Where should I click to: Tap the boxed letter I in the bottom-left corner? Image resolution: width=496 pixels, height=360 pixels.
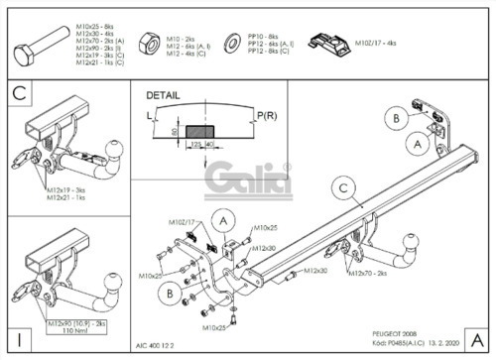click(19, 335)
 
